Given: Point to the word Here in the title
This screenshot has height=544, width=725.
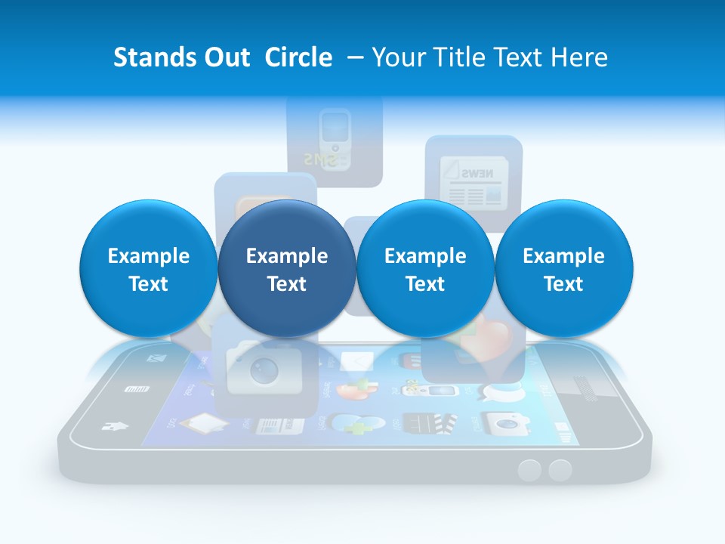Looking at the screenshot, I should (582, 57).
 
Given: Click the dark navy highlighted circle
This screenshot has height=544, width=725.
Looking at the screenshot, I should (286, 269).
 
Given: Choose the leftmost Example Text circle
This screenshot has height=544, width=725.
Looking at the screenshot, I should (148, 269).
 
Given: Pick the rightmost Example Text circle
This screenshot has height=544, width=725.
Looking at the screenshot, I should (563, 269).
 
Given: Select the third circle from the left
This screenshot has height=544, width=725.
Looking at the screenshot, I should (425, 269).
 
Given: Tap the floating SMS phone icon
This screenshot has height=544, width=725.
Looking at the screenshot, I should (335, 140).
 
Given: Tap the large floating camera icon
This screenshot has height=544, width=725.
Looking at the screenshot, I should (264, 368).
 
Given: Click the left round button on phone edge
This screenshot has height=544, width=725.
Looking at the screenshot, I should (530, 471).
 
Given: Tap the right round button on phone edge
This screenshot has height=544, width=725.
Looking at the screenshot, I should (560, 471).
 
